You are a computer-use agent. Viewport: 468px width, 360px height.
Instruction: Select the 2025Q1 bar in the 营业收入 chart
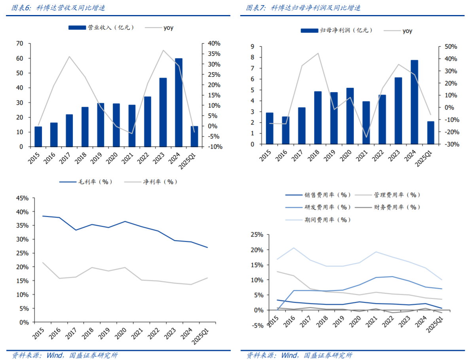tap(194, 136)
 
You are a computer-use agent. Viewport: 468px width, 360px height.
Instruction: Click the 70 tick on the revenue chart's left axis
tap(19, 44)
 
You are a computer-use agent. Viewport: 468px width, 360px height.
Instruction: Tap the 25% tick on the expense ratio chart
tap(257, 235)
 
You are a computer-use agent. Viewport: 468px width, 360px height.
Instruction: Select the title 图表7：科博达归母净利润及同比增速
tap(303, 8)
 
